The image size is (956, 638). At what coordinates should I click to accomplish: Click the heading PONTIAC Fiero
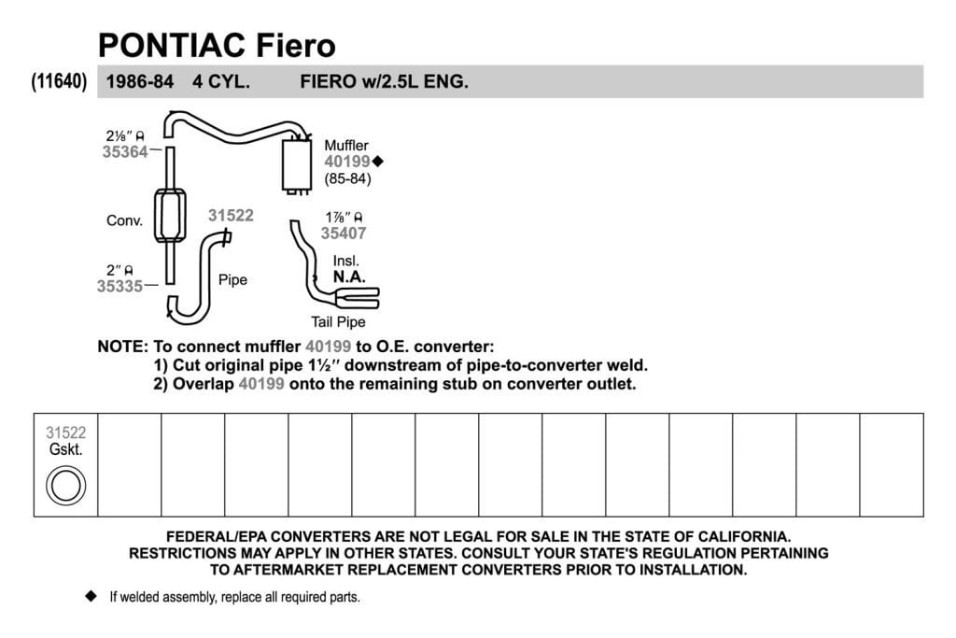[217, 45]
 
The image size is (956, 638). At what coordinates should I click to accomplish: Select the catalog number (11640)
[59, 81]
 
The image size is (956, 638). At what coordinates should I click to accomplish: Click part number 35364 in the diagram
[125, 152]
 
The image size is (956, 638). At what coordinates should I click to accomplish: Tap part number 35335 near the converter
[119, 286]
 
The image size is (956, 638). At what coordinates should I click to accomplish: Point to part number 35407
[344, 233]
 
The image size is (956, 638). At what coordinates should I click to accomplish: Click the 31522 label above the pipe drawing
[231, 215]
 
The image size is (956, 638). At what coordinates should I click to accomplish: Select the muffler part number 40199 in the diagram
[347, 162]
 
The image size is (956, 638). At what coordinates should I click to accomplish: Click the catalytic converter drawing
[170, 216]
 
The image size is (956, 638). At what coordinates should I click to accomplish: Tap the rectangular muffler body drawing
[297, 165]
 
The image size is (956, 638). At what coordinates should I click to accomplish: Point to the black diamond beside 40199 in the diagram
[378, 162]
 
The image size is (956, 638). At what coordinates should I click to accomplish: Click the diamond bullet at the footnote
[91, 596]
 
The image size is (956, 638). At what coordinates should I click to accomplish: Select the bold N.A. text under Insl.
[349, 276]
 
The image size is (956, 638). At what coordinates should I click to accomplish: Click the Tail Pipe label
[338, 322]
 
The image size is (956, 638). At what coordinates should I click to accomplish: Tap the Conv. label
[124, 220]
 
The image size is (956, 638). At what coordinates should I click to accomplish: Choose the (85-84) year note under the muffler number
[347, 178]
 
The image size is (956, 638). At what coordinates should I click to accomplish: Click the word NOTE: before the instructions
[122, 347]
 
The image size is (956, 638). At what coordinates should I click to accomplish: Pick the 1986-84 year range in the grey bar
[140, 81]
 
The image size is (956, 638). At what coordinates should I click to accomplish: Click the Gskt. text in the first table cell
[66, 449]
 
